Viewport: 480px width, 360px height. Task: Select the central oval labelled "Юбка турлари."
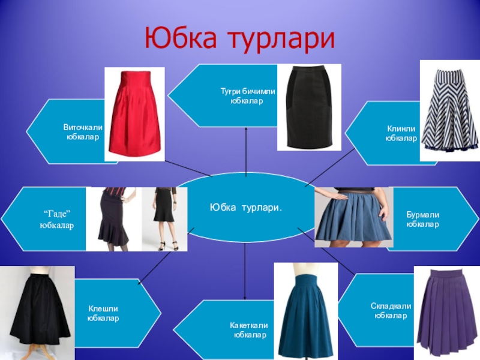point(246,207)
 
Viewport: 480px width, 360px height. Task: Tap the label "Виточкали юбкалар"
point(83,133)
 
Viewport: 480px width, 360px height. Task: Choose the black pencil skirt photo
point(308,107)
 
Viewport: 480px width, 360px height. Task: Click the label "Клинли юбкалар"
point(401,134)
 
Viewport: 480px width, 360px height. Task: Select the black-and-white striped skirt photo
point(449,110)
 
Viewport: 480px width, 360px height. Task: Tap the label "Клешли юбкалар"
point(103,313)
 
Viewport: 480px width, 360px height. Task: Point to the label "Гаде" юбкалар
point(57,220)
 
